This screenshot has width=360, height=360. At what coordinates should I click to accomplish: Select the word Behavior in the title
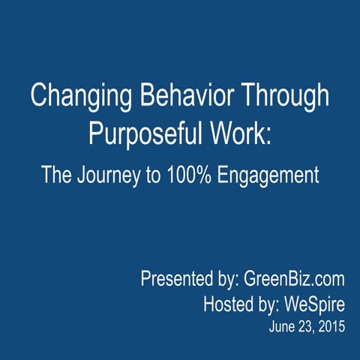177,97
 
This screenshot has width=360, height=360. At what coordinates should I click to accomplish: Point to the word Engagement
274,175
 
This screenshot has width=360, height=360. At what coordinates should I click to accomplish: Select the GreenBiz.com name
295,280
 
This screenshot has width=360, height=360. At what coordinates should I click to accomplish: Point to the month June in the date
280,328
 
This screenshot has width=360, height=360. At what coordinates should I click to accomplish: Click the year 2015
331,328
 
